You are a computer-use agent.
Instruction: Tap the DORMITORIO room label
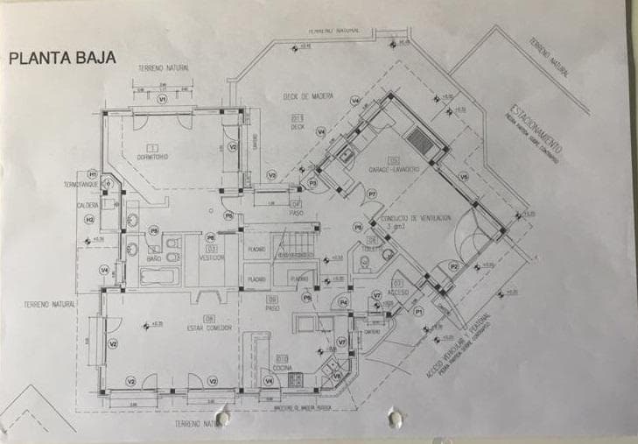(152, 157)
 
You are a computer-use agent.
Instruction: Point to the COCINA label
(283, 367)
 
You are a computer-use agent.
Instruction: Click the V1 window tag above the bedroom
(162, 100)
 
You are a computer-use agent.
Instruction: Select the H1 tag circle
(91, 173)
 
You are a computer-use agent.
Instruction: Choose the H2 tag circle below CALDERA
(88, 219)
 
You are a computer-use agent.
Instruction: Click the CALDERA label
(88, 206)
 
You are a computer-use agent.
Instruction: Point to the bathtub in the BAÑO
(160, 278)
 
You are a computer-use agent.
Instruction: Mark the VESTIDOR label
(212, 257)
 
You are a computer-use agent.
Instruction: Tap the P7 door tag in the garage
(371, 194)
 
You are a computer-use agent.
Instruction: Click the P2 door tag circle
(453, 265)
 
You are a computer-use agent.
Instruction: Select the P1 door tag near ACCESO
(418, 310)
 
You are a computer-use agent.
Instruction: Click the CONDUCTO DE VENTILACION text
(414, 217)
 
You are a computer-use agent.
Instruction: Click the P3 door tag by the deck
(312, 183)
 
